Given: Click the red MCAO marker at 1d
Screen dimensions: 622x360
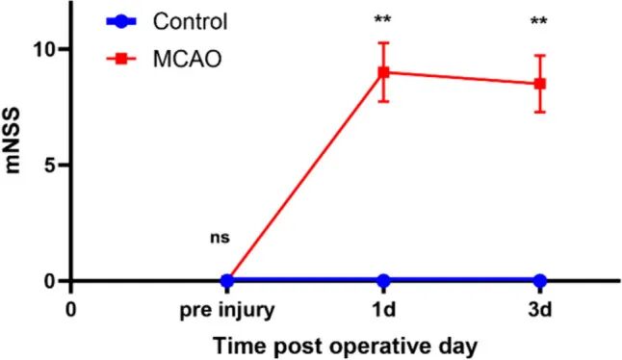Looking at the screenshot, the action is coord(383,72).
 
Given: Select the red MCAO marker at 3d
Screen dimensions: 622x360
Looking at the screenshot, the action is coord(540,84).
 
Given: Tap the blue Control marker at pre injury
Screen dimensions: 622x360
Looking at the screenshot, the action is coord(227,281).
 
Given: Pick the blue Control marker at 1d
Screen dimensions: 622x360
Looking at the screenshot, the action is coord(383,281).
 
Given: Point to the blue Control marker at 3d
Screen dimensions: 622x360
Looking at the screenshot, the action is coord(540,281).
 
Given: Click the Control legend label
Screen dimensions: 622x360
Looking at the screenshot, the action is coord(191,22).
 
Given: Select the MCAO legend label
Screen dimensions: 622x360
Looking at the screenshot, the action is coord(187,60).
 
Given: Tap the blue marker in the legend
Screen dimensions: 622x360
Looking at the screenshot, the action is coord(121,21).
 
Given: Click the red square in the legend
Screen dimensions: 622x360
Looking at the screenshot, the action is coord(121,59).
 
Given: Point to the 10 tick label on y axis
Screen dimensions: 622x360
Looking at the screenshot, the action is coord(47,49).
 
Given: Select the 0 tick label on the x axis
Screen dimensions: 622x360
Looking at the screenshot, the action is coord(70,310).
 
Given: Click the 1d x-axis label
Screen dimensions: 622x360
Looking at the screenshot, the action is coord(383,310).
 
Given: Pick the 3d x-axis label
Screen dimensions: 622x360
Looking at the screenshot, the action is coord(540,310).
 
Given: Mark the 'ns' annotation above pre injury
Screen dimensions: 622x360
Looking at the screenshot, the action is coord(220,238).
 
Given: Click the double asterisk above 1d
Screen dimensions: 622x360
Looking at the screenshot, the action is coord(382,19).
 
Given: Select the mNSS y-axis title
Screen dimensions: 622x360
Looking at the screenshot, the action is coord(13,141).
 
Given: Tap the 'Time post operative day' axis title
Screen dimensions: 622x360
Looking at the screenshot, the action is coord(345,347).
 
